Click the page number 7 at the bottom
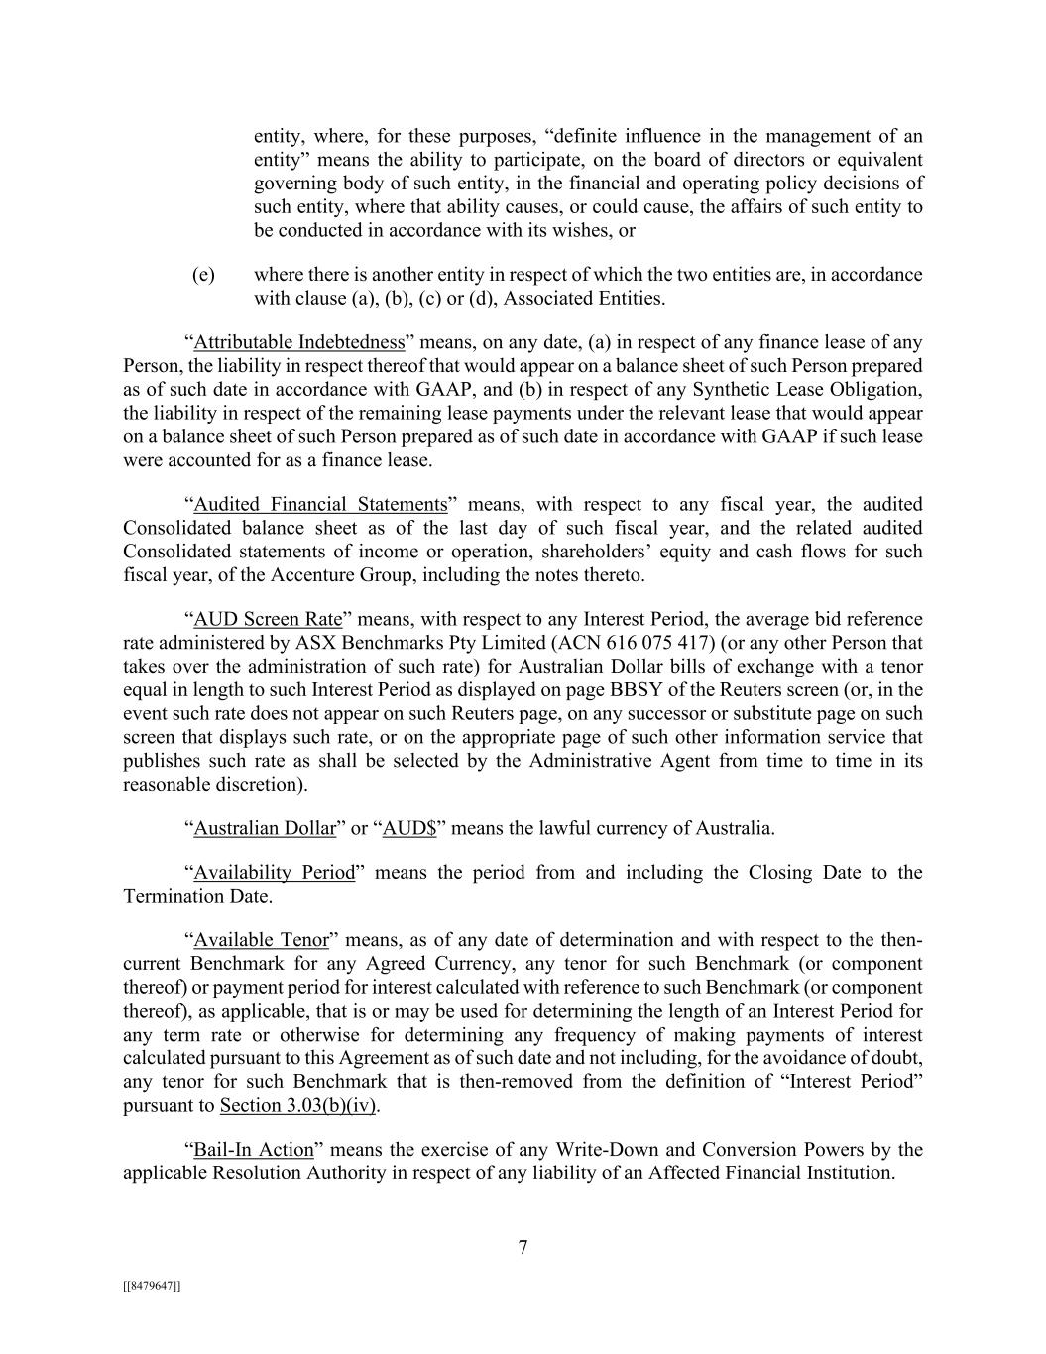[x=523, y=1248]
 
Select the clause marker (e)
[x=203, y=275]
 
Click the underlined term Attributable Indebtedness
[x=299, y=343]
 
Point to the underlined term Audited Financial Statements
[x=320, y=505]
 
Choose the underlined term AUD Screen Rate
[x=268, y=620]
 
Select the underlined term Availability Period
[x=274, y=873]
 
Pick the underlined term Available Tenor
[x=261, y=940]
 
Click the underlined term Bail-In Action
[x=253, y=1151]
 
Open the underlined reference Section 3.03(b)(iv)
[x=298, y=1106]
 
